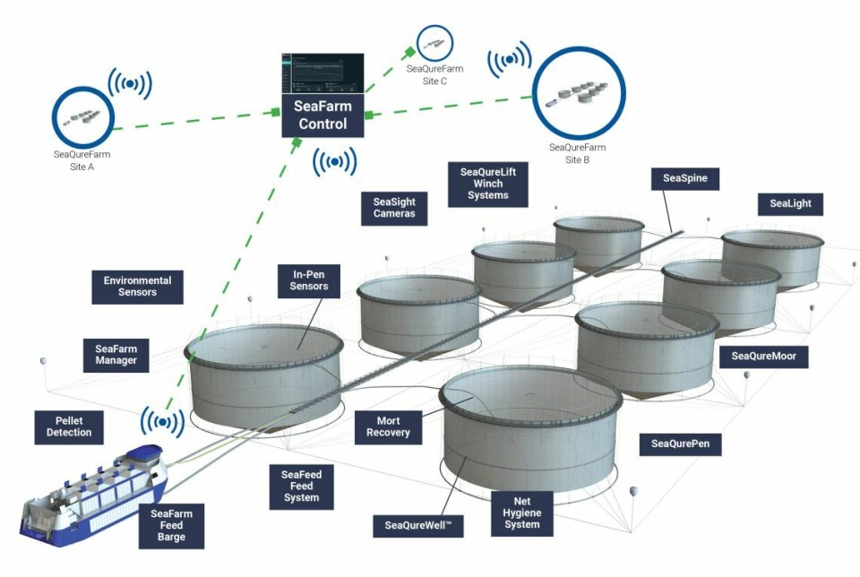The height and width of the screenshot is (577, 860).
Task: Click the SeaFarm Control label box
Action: pyautogui.click(x=322, y=116)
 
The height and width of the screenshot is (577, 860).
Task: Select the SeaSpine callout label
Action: pyautogui.click(x=685, y=178)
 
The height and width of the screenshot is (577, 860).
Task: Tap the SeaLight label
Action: pyautogui.click(x=790, y=203)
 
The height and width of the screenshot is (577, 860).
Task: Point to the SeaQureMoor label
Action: pyautogui.click(x=763, y=357)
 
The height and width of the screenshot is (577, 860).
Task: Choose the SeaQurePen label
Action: pyautogui.click(x=680, y=444)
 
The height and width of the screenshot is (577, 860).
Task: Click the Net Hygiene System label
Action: pyautogui.click(x=521, y=512)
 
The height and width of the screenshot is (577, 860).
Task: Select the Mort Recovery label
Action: pyautogui.click(x=388, y=426)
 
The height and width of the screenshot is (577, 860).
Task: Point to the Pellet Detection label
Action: pyautogui.click(x=69, y=426)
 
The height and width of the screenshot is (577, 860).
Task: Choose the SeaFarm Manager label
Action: pyautogui.click(x=116, y=354)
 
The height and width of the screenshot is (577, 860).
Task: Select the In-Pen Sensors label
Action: pyautogui.click(x=308, y=280)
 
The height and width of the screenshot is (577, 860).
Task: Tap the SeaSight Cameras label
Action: pyautogui.click(x=394, y=208)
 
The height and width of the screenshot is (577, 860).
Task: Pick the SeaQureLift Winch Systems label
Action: pyautogui.click(x=487, y=184)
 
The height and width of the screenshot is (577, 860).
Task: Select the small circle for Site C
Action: pyautogui.click(x=434, y=43)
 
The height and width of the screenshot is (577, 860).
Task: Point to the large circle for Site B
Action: pyautogui.click(x=578, y=93)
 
